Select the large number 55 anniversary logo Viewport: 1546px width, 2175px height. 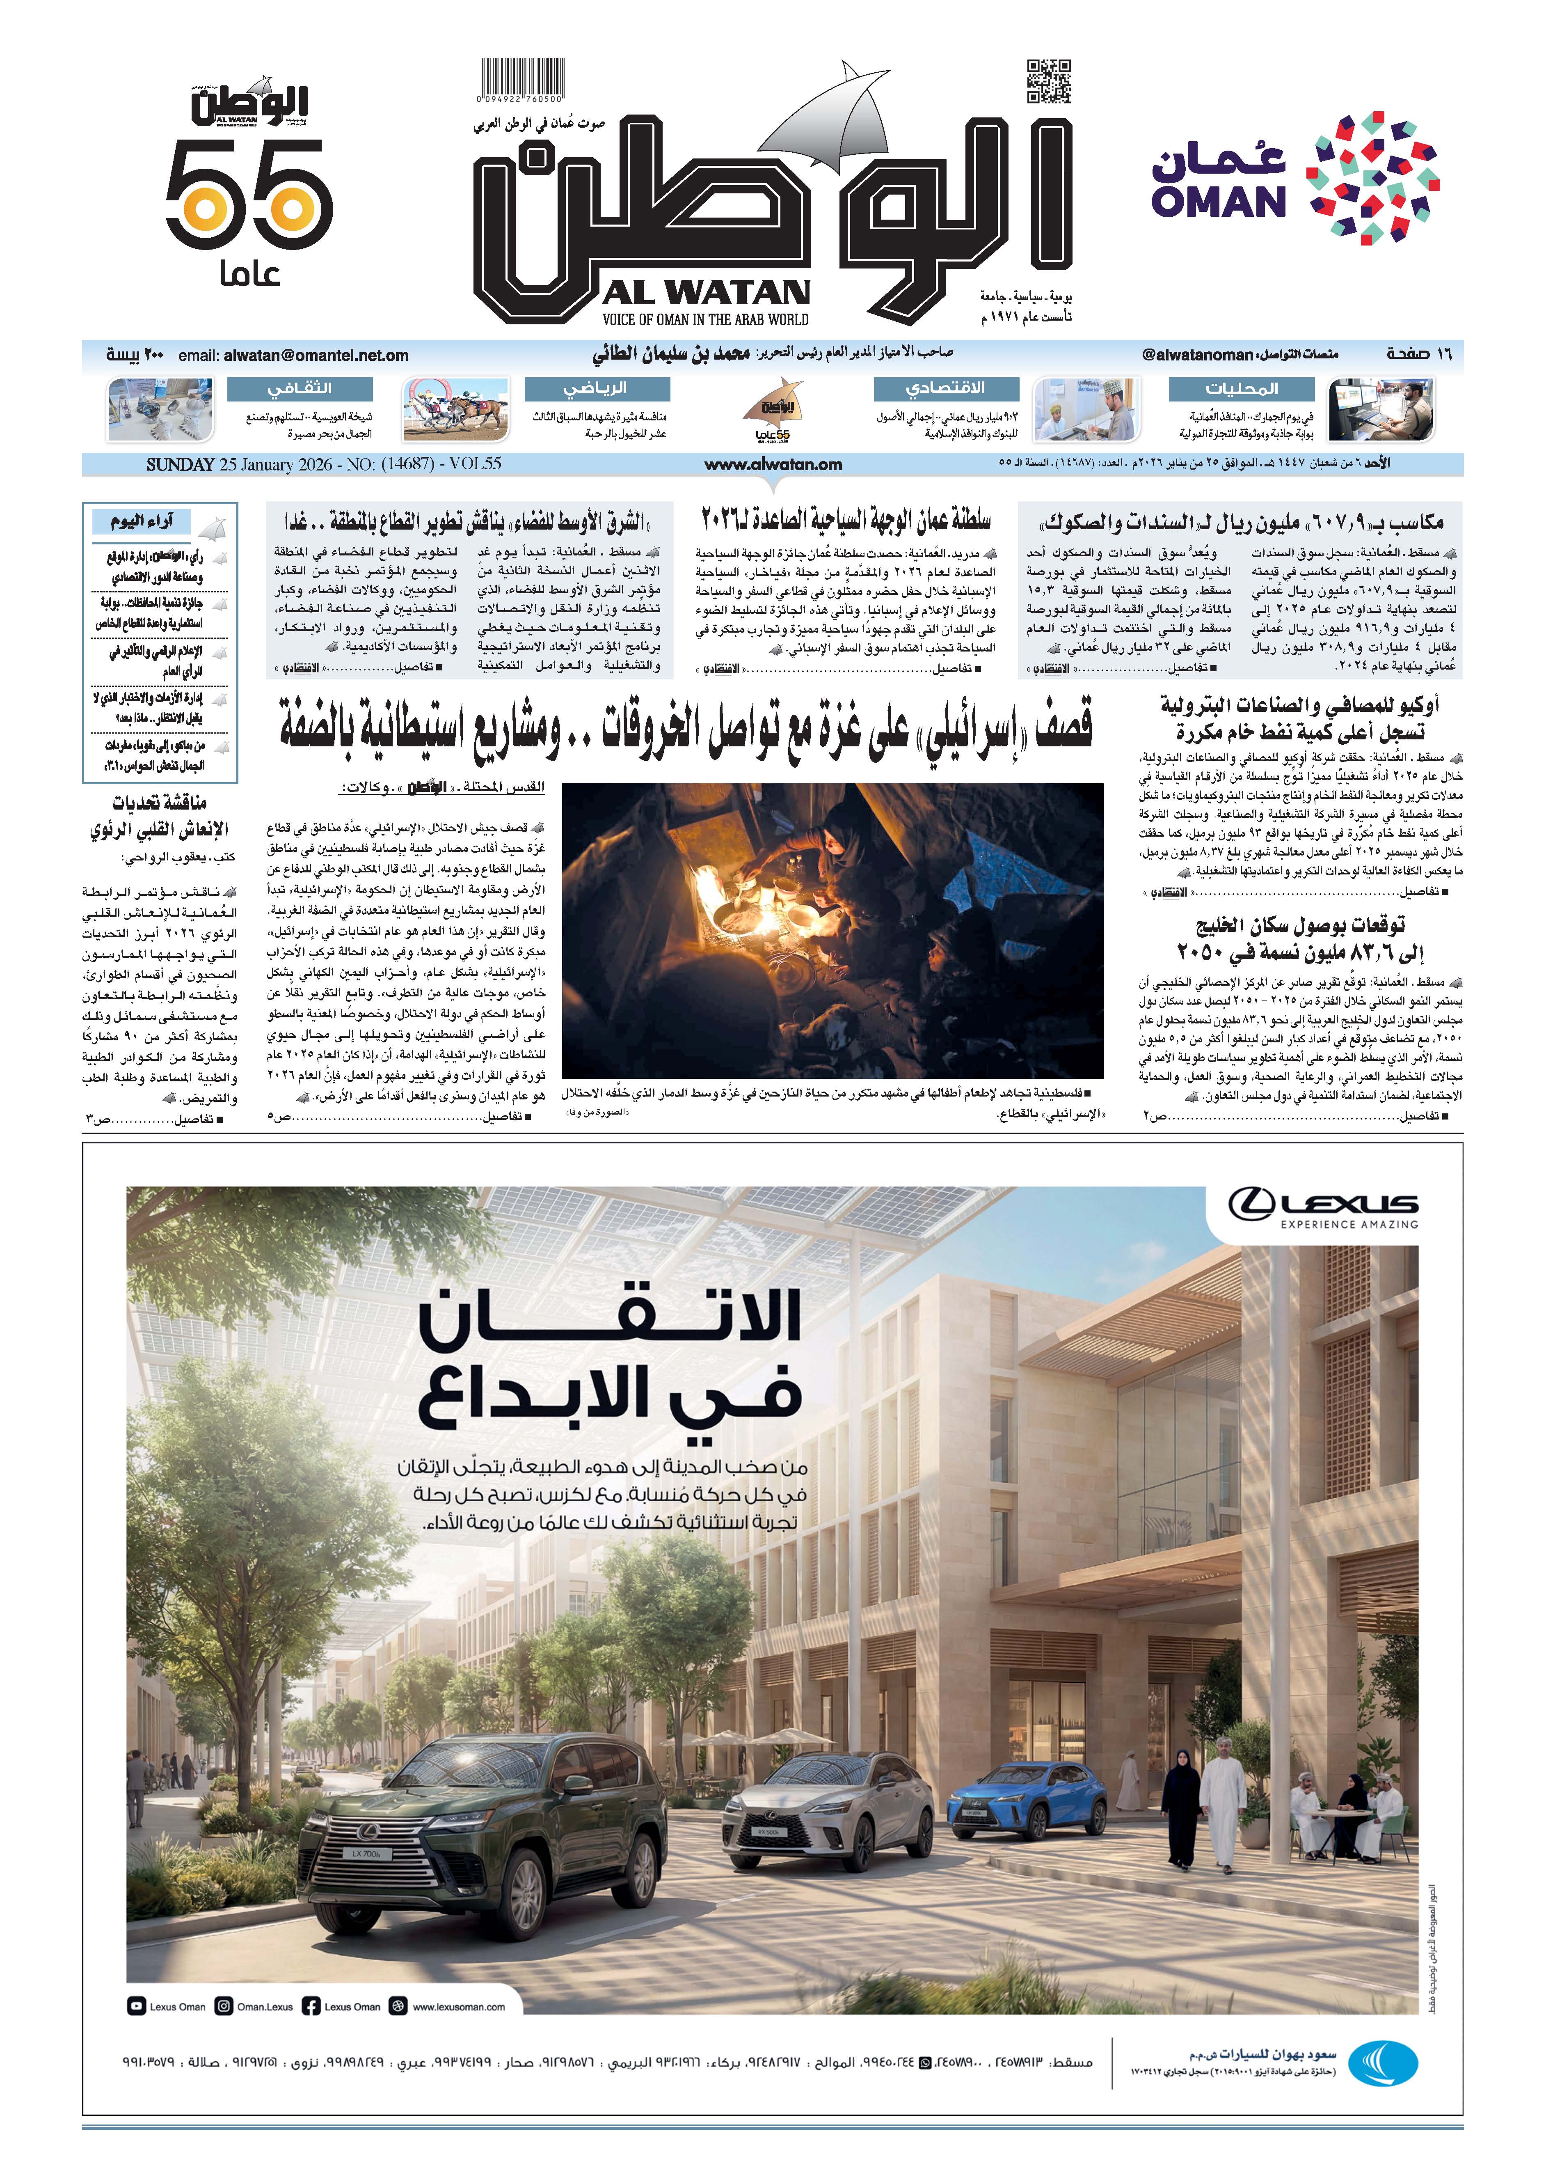pyautogui.click(x=249, y=195)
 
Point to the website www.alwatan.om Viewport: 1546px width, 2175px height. pyautogui.click(x=773, y=465)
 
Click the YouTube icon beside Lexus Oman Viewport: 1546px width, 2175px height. pyautogui.click(x=136, y=2006)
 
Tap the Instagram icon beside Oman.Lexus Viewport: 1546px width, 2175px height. pyautogui.click(x=224, y=2006)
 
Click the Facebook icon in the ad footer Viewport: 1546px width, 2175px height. pyautogui.click(x=310, y=2006)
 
